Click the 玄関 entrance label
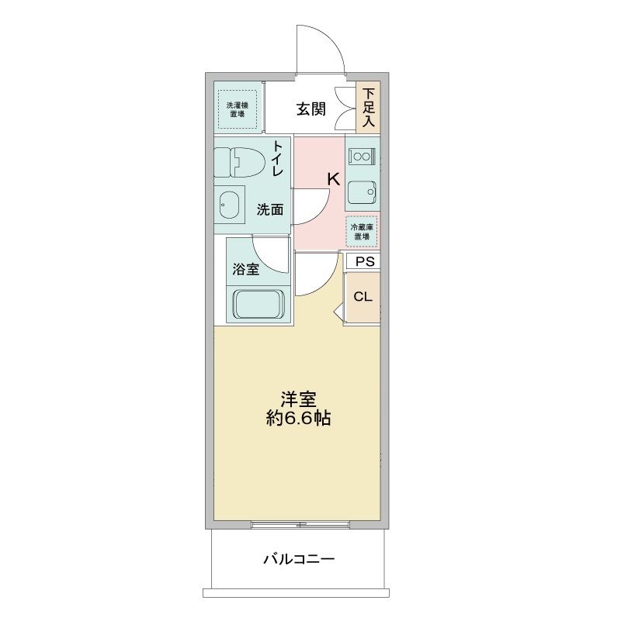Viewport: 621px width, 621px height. (x=311, y=109)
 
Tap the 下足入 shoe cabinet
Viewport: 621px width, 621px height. (x=368, y=107)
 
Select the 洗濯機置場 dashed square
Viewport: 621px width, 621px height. (x=237, y=109)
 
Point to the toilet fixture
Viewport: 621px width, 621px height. (x=239, y=162)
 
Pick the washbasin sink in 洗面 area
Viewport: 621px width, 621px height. (x=229, y=205)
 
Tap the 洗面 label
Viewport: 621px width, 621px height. (x=269, y=209)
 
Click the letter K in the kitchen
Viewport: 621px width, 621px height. (x=334, y=180)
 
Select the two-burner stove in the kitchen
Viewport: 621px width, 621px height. (x=362, y=156)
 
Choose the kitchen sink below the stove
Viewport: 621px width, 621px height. (x=362, y=192)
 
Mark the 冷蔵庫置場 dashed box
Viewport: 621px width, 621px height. (x=361, y=232)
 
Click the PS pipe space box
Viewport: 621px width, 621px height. (x=363, y=261)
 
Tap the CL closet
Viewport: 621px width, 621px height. (x=362, y=297)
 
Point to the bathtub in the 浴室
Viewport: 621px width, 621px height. (x=259, y=304)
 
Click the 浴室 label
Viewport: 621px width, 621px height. (x=246, y=269)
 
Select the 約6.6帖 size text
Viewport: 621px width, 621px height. (x=298, y=418)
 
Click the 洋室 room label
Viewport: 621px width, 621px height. (x=299, y=399)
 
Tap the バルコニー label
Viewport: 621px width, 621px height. (x=300, y=559)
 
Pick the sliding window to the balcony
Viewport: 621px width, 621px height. (x=300, y=525)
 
